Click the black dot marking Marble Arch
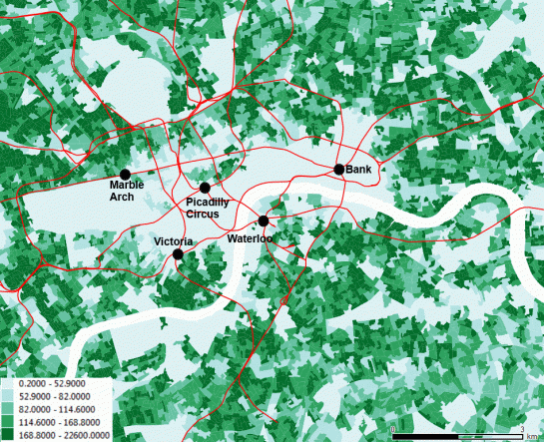pyautogui.click(x=125, y=175)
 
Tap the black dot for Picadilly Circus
pyautogui.click(x=205, y=188)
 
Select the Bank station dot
pyautogui.click(x=339, y=170)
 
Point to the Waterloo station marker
pyautogui.click(x=264, y=221)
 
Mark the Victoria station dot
pyautogui.click(x=178, y=254)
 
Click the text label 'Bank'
pyautogui.click(x=359, y=170)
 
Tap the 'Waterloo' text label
pyautogui.click(x=250, y=239)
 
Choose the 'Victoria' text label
pyautogui.click(x=173, y=242)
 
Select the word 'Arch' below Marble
pyautogui.click(x=124, y=198)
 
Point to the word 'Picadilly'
pyautogui.click(x=209, y=203)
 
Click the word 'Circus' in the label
pyautogui.click(x=205, y=215)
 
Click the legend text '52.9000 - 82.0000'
pyautogui.click(x=55, y=396)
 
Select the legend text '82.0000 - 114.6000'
pyautogui.click(x=57, y=408)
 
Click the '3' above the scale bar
pyautogui.click(x=522, y=429)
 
